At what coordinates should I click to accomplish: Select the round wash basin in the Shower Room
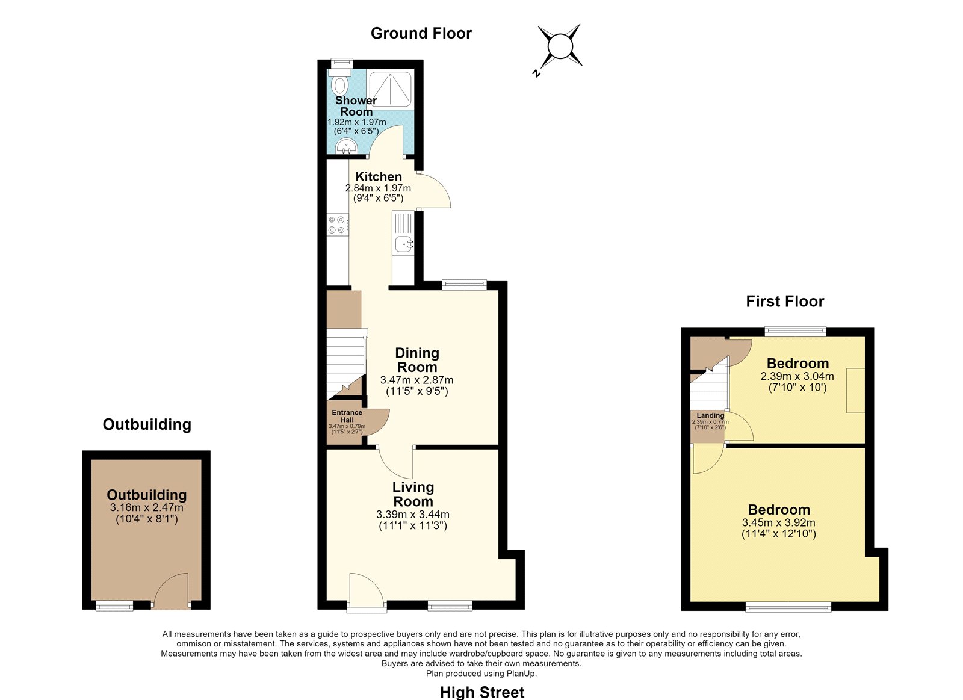pyautogui.click(x=347, y=146)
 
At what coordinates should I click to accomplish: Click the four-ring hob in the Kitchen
pyautogui.click(x=338, y=225)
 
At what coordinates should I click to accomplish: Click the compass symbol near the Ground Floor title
pyautogui.click(x=560, y=46)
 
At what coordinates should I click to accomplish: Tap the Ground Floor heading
pyautogui.click(x=421, y=33)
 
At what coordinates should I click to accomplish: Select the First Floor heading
pyautogui.click(x=785, y=301)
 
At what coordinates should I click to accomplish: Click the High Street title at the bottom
pyautogui.click(x=482, y=692)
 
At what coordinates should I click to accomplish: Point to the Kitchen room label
pyautogui.click(x=379, y=176)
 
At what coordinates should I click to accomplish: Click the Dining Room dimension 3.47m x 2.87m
pyautogui.click(x=416, y=380)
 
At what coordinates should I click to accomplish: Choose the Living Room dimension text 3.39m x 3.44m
pyautogui.click(x=413, y=514)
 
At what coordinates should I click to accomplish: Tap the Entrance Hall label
pyautogui.click(x=347, y=416)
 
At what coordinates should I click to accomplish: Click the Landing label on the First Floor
pyautogui.click(x=710, y=415)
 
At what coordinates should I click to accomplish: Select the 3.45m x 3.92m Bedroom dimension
pyautogui.click(x=779, y=522)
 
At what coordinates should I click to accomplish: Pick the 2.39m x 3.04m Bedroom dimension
pyautogui.click(x=797, y=376)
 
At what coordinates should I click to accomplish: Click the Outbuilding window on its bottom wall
pyautogui.click(x=114, y=606)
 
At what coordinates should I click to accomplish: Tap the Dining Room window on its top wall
pyautogui.click(x=464, y=283)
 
